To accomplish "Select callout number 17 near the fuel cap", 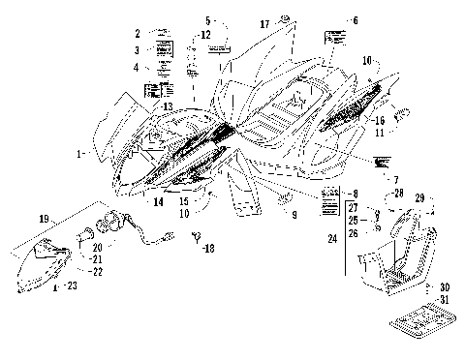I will pyautogui.click(x=264, y=21).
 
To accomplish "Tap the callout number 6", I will pyautogui.click(x=355, y=20).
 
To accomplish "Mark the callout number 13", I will pyautogui.click(x=167, y=105).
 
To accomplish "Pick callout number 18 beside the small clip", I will pyautogui.click(x=208, y=249).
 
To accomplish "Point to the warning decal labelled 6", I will pyautogui.click(x=335, y=39).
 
